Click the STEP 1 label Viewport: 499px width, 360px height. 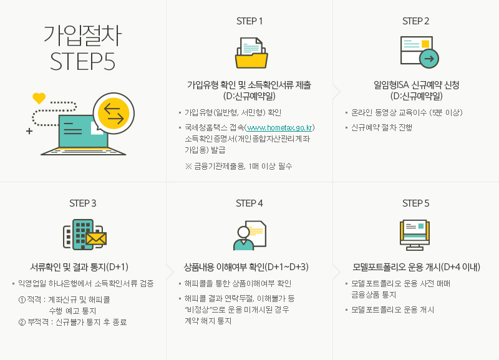coord(249,21)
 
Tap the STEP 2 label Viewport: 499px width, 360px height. coord(416,21)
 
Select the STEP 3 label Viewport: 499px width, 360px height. coord(83,203)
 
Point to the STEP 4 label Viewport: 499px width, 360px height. coord(249,203)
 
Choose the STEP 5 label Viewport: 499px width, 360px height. coord(416,203)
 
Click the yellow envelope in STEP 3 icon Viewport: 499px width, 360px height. coord(97,238)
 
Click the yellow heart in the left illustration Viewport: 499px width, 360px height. coord(39,98)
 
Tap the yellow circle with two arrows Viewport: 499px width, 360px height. coord(113,113)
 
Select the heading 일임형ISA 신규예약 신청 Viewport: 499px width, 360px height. coord(416,85)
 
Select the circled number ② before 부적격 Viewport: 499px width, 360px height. coord(22,322)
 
